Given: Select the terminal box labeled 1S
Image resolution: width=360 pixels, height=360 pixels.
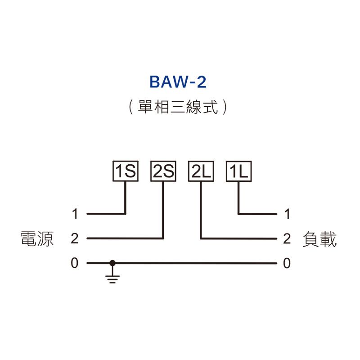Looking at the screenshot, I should pos(125,171).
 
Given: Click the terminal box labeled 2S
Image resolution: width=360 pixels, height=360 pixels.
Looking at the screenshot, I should pos(163,171).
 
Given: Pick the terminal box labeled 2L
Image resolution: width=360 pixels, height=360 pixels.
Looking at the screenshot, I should pos(201,171).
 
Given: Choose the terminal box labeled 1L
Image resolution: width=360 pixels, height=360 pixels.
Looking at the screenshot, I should pos(238,171).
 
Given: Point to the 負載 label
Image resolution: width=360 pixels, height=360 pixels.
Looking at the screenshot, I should pos(320,239).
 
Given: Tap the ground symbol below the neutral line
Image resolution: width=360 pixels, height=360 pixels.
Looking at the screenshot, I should pos(112,277).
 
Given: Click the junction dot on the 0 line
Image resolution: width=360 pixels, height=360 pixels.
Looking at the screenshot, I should pos(112,263).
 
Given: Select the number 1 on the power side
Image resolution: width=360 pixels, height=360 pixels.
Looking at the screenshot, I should pos(75,214).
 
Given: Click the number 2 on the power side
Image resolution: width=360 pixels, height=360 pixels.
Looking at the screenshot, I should pos(75,238).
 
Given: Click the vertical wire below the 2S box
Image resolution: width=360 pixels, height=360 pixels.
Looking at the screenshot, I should pos(163,209).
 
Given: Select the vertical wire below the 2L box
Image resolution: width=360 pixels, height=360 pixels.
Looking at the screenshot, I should pos(201,209).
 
